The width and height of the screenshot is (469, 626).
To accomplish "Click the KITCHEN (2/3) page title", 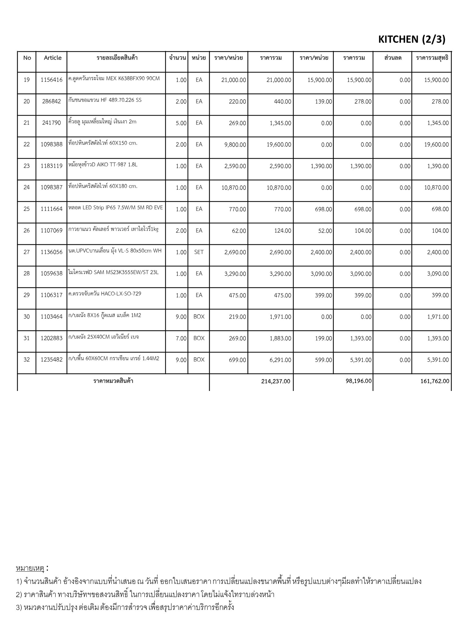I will pos(412,39).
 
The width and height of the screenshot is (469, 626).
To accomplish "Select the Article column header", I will pos(53,58).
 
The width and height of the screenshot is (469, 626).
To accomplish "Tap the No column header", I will pos(27,58).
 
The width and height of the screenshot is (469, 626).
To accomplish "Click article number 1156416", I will pos(51,80).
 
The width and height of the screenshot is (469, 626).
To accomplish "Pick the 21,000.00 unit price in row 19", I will pos(234,80).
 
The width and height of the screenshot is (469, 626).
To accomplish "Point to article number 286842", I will pos(51,101).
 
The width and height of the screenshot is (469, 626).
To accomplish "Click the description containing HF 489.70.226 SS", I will pos(105,100).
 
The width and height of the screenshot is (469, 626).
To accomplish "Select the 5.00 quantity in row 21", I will pos(181,123).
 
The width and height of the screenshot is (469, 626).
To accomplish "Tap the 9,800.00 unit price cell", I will pos(235,145).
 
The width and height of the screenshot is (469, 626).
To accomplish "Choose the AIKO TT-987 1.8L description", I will pos(103,165).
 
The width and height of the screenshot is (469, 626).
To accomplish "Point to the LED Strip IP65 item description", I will pos(116,208).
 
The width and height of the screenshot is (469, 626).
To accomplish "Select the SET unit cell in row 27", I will pos(199,252).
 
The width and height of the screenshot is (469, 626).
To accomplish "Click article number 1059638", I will pos(51,274).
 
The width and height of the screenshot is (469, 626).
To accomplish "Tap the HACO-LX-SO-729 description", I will pos(105,294).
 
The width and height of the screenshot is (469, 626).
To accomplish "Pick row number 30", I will pos(27,317).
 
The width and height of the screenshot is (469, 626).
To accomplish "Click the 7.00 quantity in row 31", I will pos(181,338).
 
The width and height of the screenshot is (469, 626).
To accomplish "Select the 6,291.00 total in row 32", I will pos(280,360).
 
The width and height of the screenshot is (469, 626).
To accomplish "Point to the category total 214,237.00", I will pos(276,381).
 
